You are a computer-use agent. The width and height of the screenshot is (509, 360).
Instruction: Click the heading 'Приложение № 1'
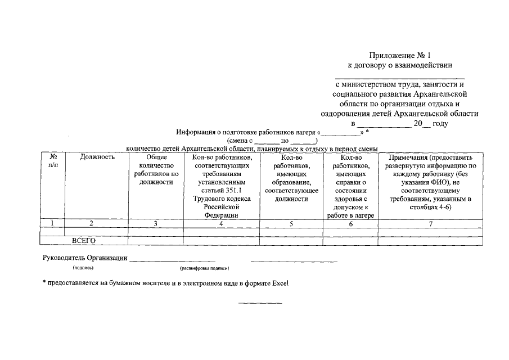click(399, 55)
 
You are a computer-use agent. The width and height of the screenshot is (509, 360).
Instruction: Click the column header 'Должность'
click(97, 157)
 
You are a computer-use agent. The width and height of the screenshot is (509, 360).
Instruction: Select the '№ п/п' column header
click(52, 161)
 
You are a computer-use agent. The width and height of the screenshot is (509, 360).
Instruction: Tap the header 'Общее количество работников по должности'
click(156, 169)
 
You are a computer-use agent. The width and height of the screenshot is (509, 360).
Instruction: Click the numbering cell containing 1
click(52, 223)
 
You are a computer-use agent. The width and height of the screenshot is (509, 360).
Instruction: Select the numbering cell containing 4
click(221, 223)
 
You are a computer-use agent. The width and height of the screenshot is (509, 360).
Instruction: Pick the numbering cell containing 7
click(430, 223)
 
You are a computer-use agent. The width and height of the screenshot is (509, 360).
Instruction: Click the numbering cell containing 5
click(291, 223)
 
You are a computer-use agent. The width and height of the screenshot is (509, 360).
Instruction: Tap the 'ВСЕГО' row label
click(84, 241)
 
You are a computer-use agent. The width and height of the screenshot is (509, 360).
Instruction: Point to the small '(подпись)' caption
click(83, 269)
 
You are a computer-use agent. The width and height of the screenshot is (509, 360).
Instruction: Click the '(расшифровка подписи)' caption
click(204, 269)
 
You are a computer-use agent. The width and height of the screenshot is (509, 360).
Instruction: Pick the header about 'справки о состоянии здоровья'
click(350, 186)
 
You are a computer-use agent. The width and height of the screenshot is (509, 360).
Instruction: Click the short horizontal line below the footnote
click(260, 304)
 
